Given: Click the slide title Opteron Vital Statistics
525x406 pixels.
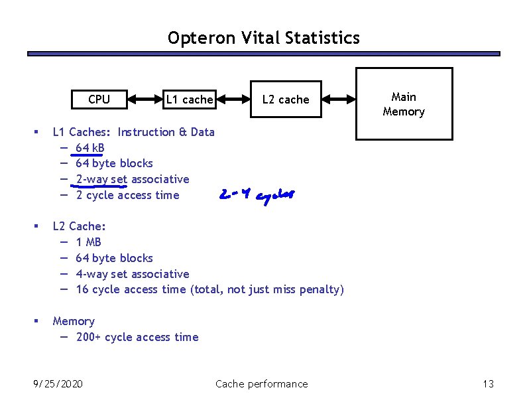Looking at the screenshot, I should (x=263, y=38).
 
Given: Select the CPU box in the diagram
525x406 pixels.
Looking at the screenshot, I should (x=99, y=100).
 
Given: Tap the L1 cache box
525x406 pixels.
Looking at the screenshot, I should (x=189, y=100).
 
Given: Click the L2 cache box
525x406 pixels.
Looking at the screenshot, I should (x=286, y=100).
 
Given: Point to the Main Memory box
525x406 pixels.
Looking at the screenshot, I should (x=404, y=105).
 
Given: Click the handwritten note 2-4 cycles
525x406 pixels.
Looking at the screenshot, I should (x=256, y=195).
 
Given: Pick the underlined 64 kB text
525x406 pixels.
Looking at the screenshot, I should (x=90, y=147).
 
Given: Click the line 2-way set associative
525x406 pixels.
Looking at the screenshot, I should (x=133, y=179).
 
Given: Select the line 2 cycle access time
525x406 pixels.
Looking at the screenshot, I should (x=127, y=195).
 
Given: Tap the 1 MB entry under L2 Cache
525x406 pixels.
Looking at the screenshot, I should (x=89, y=242).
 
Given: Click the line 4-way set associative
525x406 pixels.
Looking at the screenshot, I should (x=133, y=274).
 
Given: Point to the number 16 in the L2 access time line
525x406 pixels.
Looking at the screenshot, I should (x=82, y=289).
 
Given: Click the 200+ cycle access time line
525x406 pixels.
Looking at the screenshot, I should (x=137, y=337).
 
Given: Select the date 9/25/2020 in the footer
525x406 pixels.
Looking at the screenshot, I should (x=58, y=383).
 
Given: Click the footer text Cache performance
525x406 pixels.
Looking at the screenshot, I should (x=262, y=383).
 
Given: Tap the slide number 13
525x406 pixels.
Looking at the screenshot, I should (x=489, y=383).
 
